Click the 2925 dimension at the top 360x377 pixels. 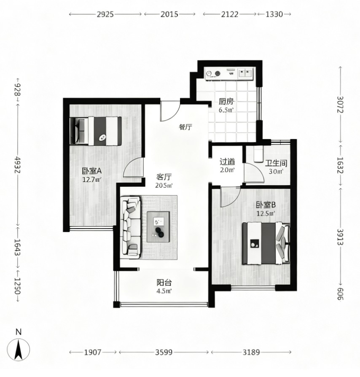pyautogui.click(x=105, y=14)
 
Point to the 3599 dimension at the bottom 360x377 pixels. pyautogui.click(x=164, y=352)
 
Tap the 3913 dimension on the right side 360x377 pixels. pyautogui.click(x=340, y=237)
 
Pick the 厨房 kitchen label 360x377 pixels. pyautogui.click(x=226, y=102)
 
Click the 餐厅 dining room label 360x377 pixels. pyautogui.click(x=185, y=127)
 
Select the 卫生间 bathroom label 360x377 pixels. pyautogui.click(x=276, y=163)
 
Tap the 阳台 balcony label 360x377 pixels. pyautogui.click(x=164, y=282)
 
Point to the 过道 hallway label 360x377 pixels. pyautogui.click(x=227, y=162)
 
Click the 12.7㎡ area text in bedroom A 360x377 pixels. pyautogui.click(x=92, y=179)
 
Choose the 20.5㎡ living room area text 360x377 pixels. pyautogui.click(x=164, y=186)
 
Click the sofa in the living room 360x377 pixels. pyautogui.click(x=131, y=227)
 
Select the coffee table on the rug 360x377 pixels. pyautogui.click(x=158, y=227)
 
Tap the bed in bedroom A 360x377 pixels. pyautogui.click(x=96, y=131)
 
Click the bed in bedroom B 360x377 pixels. pyautogui.click(x=266, y=243)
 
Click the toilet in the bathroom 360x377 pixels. pyautogui.click(x=258, y=154)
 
